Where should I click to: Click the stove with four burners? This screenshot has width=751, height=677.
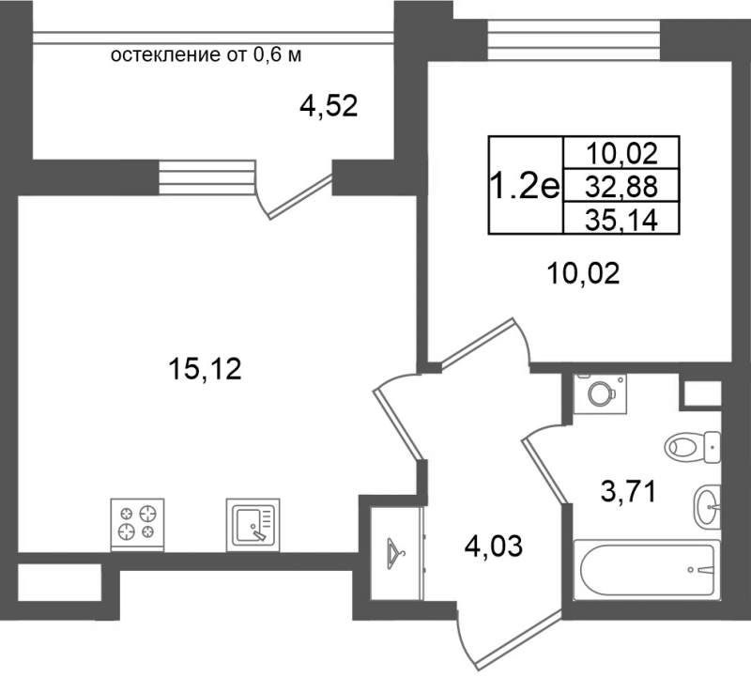click(x=137, y=524)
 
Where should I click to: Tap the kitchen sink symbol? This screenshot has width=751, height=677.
click(x=253, y=524)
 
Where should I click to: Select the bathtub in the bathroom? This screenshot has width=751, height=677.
click(x=647, y=570)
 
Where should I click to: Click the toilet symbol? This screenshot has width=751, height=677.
click(x=692, y=447)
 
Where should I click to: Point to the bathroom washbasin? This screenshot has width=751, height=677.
click(x=707, y=506)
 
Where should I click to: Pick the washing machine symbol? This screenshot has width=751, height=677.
click(x=601, y=393)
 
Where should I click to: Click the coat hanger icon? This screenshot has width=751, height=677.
click(x=395, y=554)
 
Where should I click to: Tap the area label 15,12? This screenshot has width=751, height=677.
click(x=205, y=369)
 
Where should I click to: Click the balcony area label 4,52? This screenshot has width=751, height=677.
click(x=329, y=106)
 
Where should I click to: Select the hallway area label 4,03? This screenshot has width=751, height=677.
click(x=494, y=546)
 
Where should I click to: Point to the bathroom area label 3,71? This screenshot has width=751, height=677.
click(x=628, y=492)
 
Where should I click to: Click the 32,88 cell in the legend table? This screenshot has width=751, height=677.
click(x=621, y=186)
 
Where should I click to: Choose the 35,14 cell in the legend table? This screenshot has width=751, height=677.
click(x=621, y=219)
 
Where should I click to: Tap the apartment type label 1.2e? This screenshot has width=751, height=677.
click(x=526, y=186)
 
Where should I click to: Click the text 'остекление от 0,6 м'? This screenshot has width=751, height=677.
click(x=206, y=55)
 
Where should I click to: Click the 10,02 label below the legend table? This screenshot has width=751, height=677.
click(x=583, y=274)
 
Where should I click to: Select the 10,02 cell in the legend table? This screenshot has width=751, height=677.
click(x=621, y=153)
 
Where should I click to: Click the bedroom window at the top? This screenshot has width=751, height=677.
click(x=574, y=40)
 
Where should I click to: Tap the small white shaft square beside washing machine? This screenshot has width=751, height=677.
click(x=702, y=393)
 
